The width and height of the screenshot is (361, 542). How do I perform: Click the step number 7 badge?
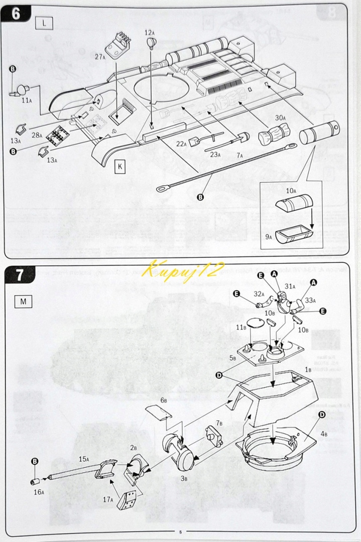[19, 275]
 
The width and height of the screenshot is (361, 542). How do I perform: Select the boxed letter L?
[45, 23]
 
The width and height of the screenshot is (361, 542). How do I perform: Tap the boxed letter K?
[121, 166]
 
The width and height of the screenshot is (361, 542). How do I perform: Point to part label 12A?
[150, 33]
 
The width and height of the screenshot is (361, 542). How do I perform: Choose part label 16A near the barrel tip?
[39, 492]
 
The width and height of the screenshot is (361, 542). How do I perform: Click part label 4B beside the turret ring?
[323, 434]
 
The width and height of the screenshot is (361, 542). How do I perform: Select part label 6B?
[164, 400]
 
